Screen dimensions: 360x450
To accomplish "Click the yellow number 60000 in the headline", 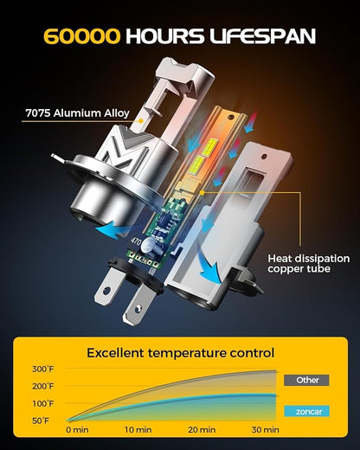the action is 81,36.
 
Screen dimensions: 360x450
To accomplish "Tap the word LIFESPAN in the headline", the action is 262,36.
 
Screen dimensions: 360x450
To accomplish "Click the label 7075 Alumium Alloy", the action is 77,113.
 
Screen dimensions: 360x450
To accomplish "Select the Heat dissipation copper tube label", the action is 309,263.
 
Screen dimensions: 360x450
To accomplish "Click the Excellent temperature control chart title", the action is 181,353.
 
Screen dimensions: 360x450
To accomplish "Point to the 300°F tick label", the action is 43,369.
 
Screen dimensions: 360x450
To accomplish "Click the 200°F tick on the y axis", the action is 43,386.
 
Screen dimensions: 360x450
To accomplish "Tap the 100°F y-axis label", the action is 43,403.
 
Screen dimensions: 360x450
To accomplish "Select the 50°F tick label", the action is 41,421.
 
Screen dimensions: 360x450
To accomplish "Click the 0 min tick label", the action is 77,430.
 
